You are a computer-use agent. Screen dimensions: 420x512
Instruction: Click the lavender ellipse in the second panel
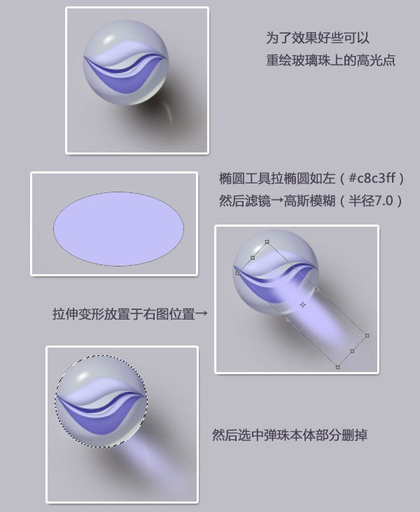pos(118,229)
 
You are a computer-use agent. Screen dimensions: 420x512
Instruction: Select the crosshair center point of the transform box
pos(303,305)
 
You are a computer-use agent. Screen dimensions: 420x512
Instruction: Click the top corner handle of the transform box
pos(267,242)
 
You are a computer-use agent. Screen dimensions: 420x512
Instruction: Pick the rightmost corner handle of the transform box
pos(367,336)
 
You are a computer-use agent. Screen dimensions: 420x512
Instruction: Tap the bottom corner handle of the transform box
pos(337,367)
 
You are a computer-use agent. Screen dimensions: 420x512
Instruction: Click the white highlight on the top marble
pos(107,42)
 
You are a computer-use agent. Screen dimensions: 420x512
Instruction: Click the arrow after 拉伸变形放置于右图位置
pos(201,313)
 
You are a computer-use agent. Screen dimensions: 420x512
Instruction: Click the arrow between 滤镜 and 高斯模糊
pos(277,201)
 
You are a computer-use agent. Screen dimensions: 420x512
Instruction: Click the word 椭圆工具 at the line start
pos(245,178)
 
